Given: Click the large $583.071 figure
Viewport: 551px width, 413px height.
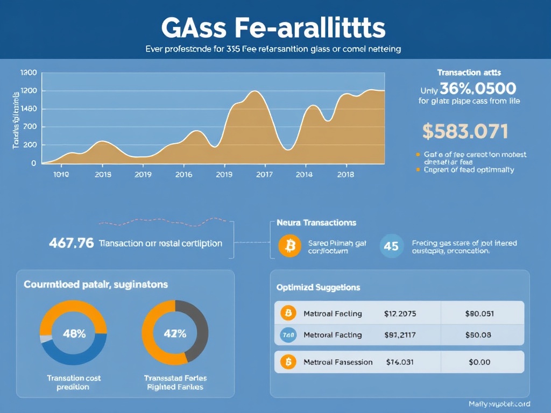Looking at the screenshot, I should pyautogui.click(x=465, y=131).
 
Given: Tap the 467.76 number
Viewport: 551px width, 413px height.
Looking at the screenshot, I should pyautogui.click(x=71, y=243).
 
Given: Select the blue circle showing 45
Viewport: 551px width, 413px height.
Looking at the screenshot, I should pyautogui.click(x=392, y=246).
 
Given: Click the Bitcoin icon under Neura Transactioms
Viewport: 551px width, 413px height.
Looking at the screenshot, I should pyautogui.click(x=289, y=246).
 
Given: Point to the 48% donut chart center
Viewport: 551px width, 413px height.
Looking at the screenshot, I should pyautogui.click(x=74, y=333).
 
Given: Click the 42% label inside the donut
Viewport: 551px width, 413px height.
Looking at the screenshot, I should pyautogui.click(x=175, y=333).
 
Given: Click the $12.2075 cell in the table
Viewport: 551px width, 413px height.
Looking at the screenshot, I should pyautogui.click(x=400, y=314).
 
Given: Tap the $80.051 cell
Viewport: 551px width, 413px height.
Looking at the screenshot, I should pyautogui.click(x=479, y=314).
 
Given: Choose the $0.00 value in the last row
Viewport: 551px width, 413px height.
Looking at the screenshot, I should pyautogui.click(x=479, y=362).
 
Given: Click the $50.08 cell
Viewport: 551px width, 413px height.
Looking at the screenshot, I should pyautogui.click(x=478, y=335).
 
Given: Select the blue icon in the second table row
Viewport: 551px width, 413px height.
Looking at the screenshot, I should pyautogui.click(x=288, y=335).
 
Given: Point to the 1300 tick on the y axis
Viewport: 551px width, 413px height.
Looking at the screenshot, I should pyautogui.click(x=28, y=73).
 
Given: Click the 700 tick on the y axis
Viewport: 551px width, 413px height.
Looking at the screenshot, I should pyautogui.click(x=30, y=127).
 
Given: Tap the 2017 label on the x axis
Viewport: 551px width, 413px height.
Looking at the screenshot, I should pyautogui.click(x=264, y=174).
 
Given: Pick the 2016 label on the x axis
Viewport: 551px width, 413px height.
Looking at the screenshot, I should pyautogui.click(x=183, y=174).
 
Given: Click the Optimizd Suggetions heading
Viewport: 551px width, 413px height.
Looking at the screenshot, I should pyautogui.click(x=318, y=288).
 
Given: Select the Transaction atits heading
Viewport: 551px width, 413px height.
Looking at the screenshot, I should pyautogui.click(x=469, y=72).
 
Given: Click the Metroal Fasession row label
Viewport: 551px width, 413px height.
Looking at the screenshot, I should pyautogui.click(x=338, y=362).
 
